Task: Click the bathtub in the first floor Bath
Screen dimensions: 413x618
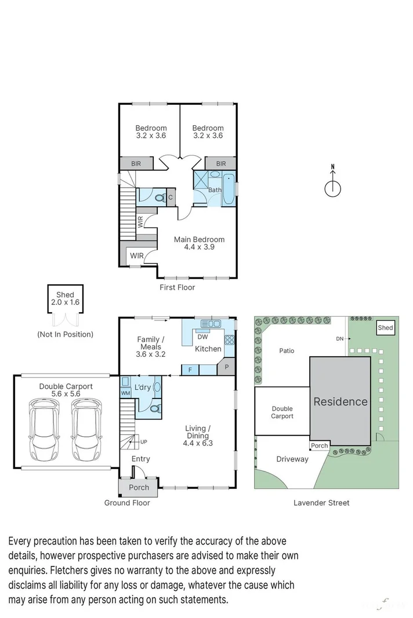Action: [229, 189]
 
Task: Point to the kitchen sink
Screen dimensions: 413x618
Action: [211, 324]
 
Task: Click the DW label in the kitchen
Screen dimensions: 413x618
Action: [202, 337]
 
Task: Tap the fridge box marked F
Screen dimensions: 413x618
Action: [190, 370]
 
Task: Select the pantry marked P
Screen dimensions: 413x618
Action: [226, 367]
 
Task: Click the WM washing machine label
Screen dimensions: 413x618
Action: [125, 393]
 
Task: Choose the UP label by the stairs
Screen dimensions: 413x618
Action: [144, 442]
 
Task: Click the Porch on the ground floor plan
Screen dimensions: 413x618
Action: [139, 487]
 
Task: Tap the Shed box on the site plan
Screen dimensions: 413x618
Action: [385, 327]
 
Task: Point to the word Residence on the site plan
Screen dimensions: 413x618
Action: [340, 401]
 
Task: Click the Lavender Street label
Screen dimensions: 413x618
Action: [321, 503]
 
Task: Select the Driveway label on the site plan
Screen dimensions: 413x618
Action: [292, 459]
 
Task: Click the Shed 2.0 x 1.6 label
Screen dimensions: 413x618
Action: [65, 298]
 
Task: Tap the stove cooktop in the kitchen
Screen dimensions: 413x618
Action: [229, 340]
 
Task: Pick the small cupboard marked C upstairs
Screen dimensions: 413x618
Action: [171, 197]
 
